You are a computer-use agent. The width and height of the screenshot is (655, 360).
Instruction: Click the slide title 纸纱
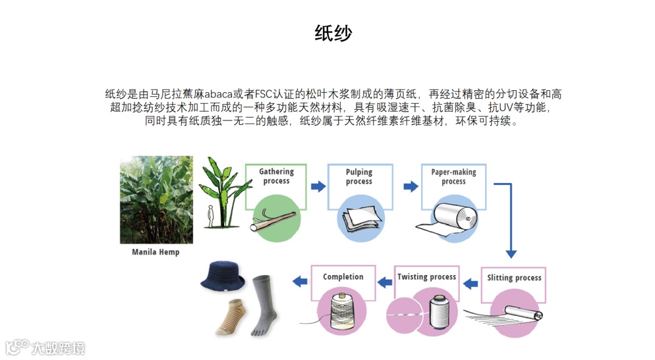[333, 33]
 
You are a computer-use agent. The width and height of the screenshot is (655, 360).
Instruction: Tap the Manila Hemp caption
[156, 252]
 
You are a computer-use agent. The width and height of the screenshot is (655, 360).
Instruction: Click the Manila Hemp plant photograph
[156, 199]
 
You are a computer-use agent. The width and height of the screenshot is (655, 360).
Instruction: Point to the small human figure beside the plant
[210, 216]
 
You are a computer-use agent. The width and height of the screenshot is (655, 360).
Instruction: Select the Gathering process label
[276, 176]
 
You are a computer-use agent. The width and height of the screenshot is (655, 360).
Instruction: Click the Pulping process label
[359, 176]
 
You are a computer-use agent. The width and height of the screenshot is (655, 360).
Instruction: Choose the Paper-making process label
[454, 176]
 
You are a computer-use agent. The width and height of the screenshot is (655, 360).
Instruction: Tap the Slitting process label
[514, 278]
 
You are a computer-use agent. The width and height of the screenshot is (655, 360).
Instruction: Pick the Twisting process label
[426, 277]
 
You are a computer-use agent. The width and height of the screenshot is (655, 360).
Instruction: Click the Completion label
[343, 277]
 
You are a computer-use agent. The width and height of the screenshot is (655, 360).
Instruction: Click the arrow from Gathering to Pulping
[318, 187]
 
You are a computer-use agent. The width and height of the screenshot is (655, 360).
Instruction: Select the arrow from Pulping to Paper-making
[411, 187]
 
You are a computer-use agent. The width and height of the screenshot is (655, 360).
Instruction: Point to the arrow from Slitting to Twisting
[468, 282]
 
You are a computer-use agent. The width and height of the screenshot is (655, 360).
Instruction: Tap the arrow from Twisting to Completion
[385, 281]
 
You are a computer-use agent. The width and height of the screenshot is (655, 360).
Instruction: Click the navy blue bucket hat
[223, 276]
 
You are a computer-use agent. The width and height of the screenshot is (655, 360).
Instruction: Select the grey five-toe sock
[264, 303]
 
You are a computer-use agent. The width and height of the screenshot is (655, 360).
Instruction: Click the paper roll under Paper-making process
[454, 219]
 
